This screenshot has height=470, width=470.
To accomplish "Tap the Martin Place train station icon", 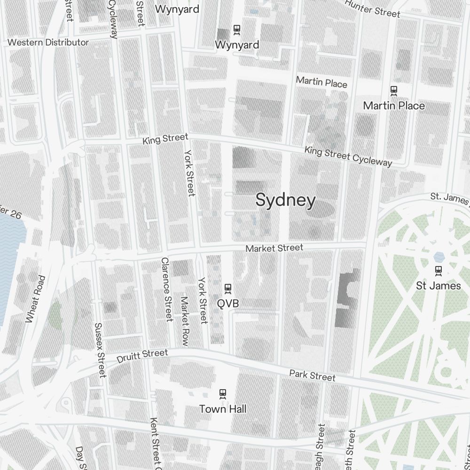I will click(394, 90).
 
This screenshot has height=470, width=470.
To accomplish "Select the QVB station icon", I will click(228, 288).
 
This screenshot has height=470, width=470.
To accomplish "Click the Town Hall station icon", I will click(223, 393).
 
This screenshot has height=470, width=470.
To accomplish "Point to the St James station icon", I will click(439, 270).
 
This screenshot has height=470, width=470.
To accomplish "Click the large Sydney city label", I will click(285, 200).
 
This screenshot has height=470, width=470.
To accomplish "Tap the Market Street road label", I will click(274, 248).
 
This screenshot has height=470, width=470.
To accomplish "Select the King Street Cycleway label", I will click(348, 156).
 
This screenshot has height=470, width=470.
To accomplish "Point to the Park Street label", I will click(313, 376).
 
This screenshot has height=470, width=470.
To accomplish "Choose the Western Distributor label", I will click(48, 42).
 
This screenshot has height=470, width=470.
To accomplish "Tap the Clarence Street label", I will click(166, 289).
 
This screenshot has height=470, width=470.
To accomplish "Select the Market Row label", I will click(184, 321).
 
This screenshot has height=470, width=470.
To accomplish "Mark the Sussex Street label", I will click(100, 350).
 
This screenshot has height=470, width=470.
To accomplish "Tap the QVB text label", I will click(228, 304).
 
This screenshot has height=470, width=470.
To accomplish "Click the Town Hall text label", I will click(223, 409).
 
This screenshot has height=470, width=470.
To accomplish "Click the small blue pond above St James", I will click(439, 257).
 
